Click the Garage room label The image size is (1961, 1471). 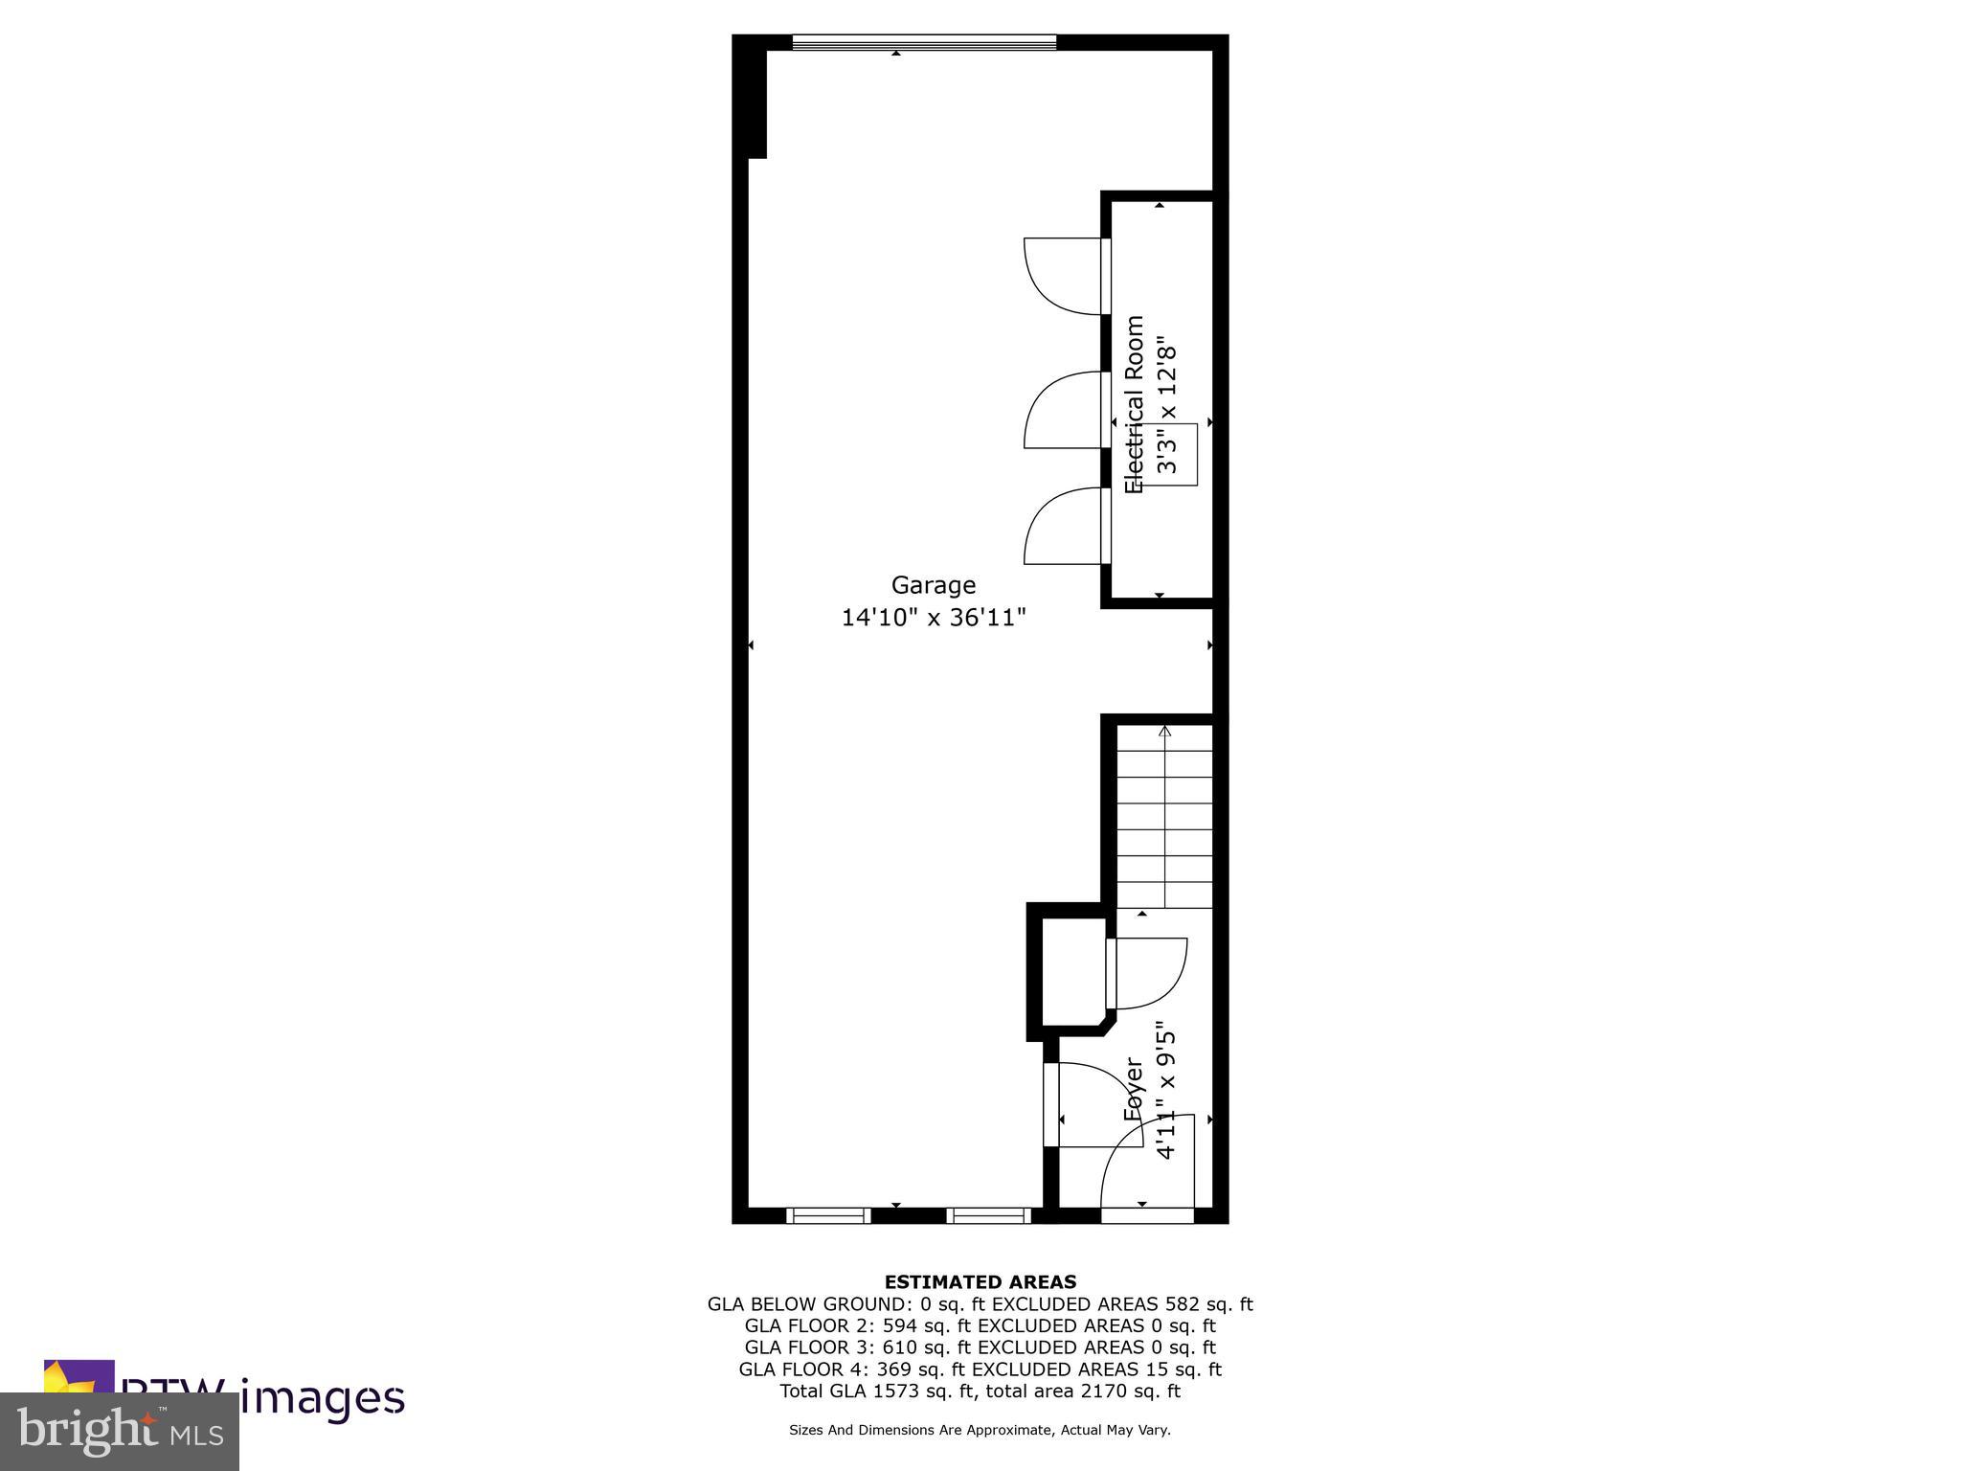pos(934,585)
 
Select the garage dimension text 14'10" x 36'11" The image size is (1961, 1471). pos(934,618)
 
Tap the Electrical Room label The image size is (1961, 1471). pos(1135,404)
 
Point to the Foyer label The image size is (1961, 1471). pos(1134,1090)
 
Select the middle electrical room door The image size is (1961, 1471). pos(1063,410)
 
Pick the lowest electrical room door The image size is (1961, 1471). pos(1063,526)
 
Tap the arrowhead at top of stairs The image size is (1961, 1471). pos(1165,732)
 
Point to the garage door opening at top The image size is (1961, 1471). pos(924,42)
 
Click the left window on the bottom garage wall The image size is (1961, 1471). pos(828,1215)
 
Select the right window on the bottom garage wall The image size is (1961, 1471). pos(989,1215)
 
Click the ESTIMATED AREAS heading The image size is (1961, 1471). pos(980,1282)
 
